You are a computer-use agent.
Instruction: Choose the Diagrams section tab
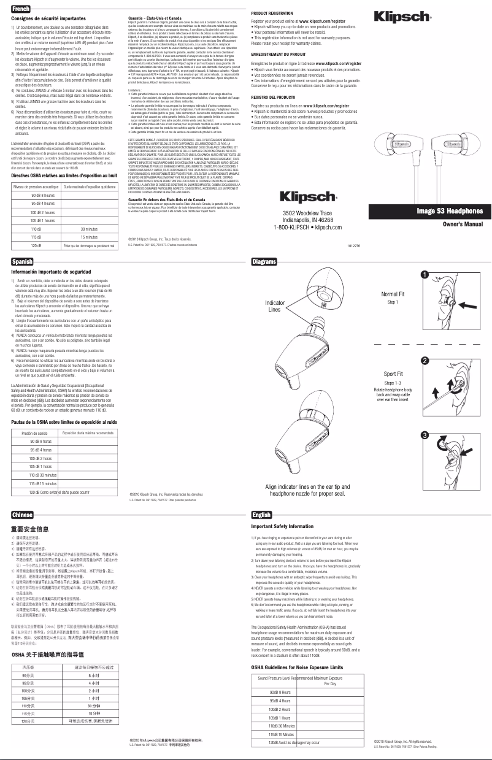tap(265, 262)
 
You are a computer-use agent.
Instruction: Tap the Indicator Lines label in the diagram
tap(274, 306)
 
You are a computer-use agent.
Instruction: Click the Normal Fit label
tap(393, 294)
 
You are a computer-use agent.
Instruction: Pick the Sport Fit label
tap(393, 374)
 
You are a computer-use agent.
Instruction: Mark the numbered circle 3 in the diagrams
tap(424, 435)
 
